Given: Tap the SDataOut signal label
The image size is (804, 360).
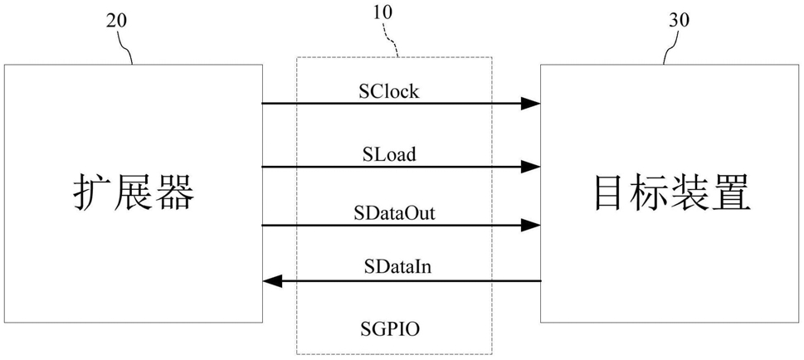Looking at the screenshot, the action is click(x=394, y=213).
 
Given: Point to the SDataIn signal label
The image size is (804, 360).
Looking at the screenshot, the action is click(x=394, y=267).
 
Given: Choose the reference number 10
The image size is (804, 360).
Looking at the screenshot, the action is click(x=382, y=12).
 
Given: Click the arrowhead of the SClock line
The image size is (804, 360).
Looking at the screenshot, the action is click(x=531, y=104).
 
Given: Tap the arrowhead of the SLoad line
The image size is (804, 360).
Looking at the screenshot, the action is click(x=531, y=167).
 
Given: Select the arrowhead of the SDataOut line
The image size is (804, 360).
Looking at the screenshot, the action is click(x=531, y=225).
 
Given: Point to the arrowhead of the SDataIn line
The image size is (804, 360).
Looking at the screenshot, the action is click(x=272, y=280).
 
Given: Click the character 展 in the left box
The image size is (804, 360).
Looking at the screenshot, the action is click(x=133, y=194).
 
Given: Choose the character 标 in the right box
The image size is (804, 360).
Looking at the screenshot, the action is click(x=651, y=194).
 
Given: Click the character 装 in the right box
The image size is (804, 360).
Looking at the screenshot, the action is click(x=691, y=194).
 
